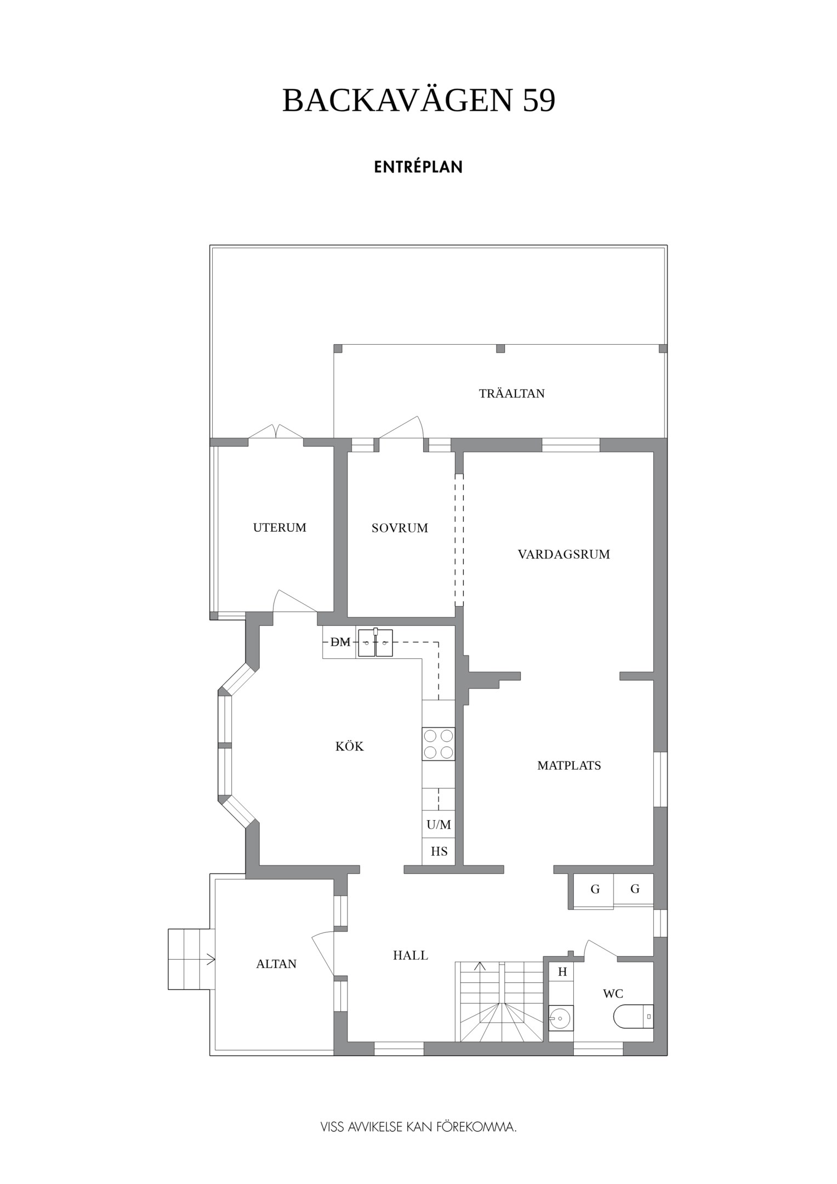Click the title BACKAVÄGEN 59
click(419, 100)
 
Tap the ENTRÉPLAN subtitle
click(418, 167)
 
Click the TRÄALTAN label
click(512, 393)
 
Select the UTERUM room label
click(280, 527)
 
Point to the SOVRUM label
click(400, 528)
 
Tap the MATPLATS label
click(569, 765)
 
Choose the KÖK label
click(350, 746)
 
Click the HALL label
click(411, 955)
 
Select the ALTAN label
click(276, 964)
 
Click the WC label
click(613, 993)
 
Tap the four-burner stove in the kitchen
click(439, 743)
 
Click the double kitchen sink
click(375, 642)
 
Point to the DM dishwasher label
click(340, 642)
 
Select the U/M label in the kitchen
click(439, 824)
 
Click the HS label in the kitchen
click(439, 851)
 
